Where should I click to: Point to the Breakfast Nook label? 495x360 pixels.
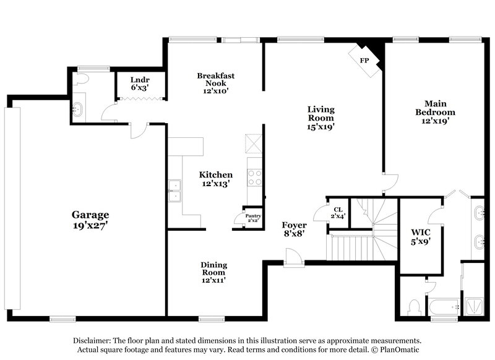(215, 79)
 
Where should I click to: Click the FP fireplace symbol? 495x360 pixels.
(366, 60)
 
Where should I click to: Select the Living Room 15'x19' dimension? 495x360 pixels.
(321, 127)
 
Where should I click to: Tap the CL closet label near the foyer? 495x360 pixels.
(338, 210)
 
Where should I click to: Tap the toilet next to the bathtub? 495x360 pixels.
(415, 306)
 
